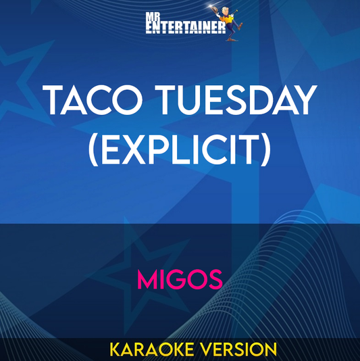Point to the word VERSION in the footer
pos(240,349)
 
